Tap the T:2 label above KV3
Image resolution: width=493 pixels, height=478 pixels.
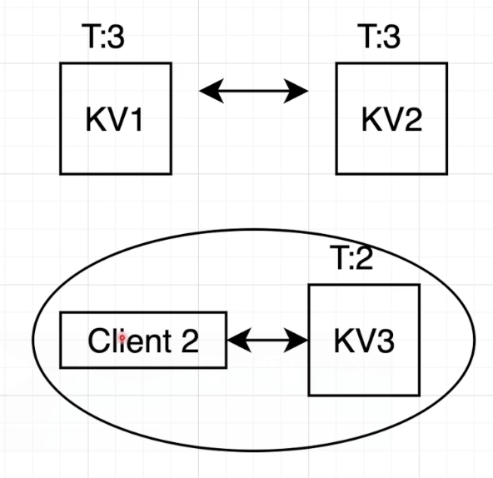pyautogui.click(x=349, y=259)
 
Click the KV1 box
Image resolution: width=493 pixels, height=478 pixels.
pyautogui.click(x=116, y=118)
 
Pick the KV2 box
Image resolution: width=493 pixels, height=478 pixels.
pyautogui.click(x=391, y=118)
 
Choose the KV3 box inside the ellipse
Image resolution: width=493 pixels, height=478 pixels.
pyautogui.click(x=363, y=340)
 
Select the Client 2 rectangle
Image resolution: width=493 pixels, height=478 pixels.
pyautogui.click(x=143, y=340)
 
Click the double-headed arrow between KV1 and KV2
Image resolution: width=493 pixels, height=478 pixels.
pyautogui.click(x=254, y=91)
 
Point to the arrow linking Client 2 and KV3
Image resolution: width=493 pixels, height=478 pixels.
pyautogui.click(x=268, y=340)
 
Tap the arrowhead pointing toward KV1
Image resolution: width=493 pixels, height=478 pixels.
pyautogui.click(x=211, y=91)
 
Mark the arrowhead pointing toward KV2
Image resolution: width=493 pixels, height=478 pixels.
pyautogui.click(x=297, y=91)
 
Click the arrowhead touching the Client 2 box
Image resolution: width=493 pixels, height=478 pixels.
pyautogui.click(x=237, y=340)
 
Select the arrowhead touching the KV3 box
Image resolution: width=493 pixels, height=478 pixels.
pyautogui.click(x=299, y=340)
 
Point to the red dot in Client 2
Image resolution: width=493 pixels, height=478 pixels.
pyautogui.click(x=122, y=338)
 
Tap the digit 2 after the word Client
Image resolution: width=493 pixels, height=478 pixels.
pyautogui.click(x=189, y=340)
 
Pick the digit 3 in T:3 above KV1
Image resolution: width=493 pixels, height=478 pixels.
pyautogui.click(x=118, y=38)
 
